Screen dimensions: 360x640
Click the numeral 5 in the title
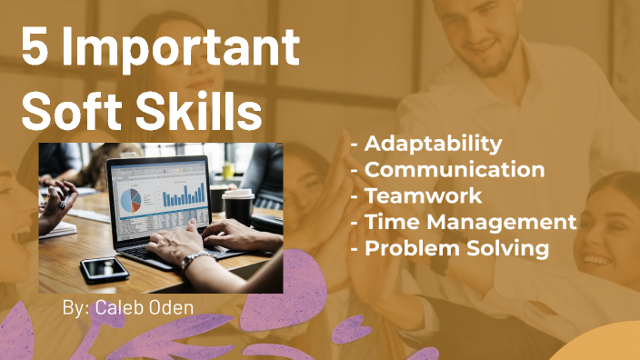35,48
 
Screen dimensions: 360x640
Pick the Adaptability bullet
433,143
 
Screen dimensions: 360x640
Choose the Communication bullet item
454,169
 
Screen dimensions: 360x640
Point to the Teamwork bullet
423,195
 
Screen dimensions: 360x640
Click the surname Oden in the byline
173,308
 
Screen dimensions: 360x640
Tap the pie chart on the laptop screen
132,197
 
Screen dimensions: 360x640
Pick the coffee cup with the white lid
238,206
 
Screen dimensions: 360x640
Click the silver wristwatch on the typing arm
194,261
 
